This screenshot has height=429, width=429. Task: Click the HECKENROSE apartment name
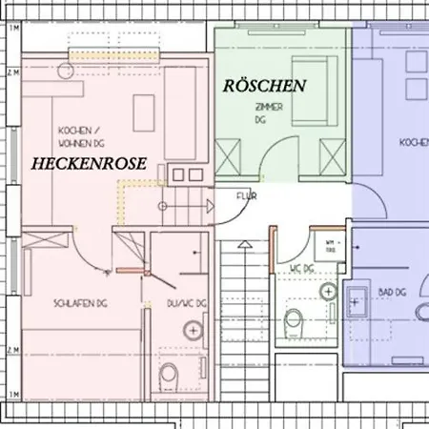[89, 164]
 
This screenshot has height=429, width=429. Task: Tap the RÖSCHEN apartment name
[264, 86]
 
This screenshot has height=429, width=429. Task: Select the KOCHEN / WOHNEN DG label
[80, 135]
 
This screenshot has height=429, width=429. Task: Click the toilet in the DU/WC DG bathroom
[171, 372]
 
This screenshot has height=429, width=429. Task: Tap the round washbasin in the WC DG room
[329, 291]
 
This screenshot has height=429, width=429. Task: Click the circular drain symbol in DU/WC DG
[194, 331]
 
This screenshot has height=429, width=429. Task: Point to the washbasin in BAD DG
[360, 300]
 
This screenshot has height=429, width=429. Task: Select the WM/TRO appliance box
[332, 245]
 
